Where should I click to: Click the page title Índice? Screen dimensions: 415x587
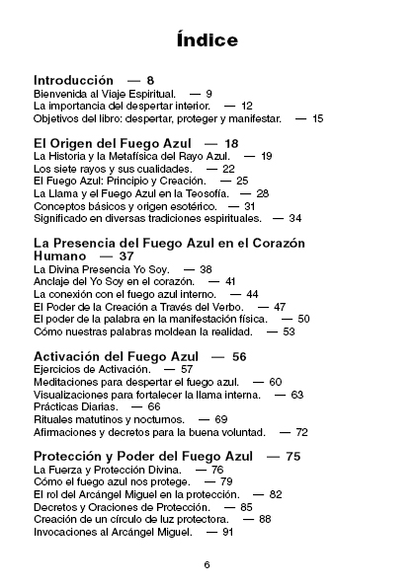pos(207,40)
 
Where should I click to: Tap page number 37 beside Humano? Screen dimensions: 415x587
pos(126,257)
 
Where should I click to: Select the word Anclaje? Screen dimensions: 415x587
pos(52,281)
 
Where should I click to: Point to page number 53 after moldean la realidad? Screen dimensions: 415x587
pos(289,332)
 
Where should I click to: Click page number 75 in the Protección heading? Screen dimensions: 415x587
pos(292,457)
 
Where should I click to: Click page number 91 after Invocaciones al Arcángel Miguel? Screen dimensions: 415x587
pos(227,532)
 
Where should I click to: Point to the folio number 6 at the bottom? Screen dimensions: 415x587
pos(207,564)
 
